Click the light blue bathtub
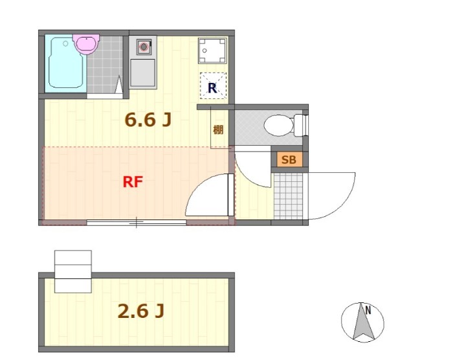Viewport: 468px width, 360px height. pos(66,63)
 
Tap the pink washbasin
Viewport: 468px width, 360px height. pos(86,44)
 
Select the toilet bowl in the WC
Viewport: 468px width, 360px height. pos(278,126)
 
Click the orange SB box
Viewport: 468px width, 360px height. pos(289,160)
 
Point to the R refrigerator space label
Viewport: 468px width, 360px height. pos(212,88)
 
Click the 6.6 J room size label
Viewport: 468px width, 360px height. pos(148,120)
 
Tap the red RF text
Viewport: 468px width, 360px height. pos(133,182)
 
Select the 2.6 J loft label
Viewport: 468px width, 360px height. pos(141,311)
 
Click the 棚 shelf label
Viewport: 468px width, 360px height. pos(218,129)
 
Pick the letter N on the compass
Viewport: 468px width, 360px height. pos(368,310)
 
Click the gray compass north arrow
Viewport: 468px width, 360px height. pos(364,322)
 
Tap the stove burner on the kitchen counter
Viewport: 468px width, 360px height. pos(144,47)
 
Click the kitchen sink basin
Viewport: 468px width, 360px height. pos(142,73)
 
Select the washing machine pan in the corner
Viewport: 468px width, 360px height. pos(212,51)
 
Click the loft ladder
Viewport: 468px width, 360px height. pos(73,271)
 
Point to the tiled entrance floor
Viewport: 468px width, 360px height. pos(288,196)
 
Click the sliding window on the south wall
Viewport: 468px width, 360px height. pos(137,222)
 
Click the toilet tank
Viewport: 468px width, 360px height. pos(300,126)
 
